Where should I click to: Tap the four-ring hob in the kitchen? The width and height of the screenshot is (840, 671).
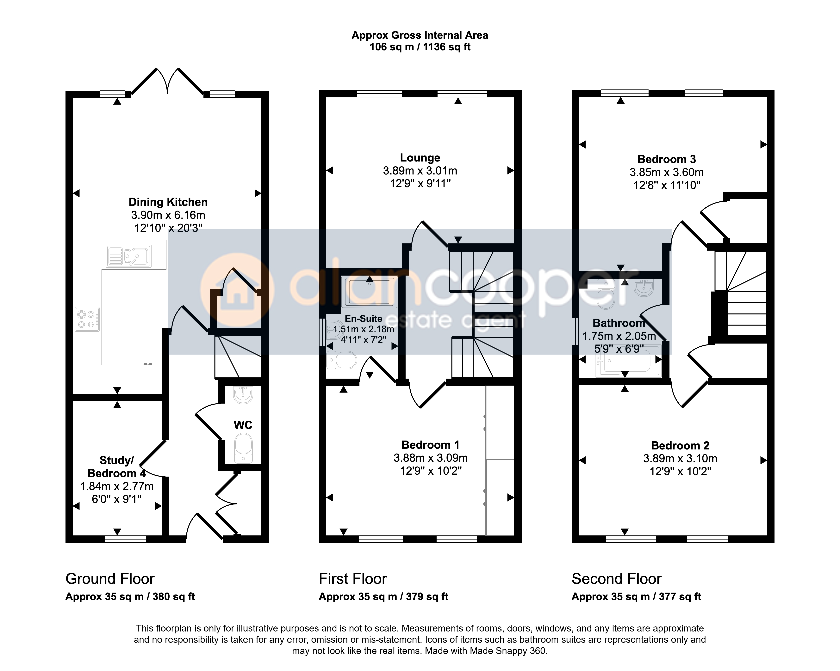tap(87, 319)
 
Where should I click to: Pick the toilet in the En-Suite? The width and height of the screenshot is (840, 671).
tap(341, 360)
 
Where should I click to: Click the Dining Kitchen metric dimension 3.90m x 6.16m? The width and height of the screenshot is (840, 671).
tap(168, 215)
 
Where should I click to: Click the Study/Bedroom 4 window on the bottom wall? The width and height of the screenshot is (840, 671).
tap(125, 539)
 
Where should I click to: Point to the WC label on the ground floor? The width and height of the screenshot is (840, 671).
tap(243, 425)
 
